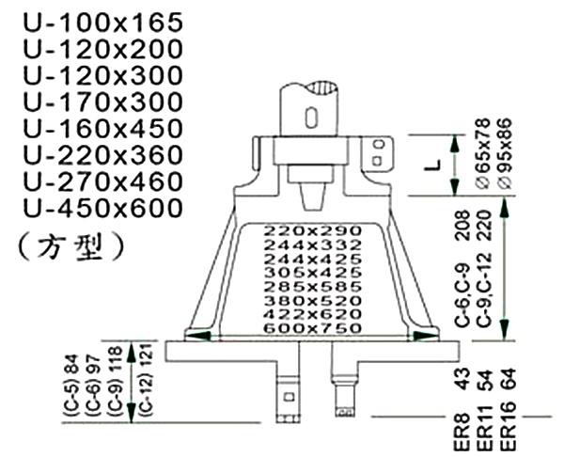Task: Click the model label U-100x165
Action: (x=92, y=22)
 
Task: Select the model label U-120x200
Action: (x=92, y=48)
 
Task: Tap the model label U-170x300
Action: (x=92, y=101)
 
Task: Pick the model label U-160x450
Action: (x=92, y=127)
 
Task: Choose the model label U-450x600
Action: (x=92, y=206)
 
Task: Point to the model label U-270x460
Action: (x=92, y=180)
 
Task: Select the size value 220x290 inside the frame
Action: (x=312, y=229)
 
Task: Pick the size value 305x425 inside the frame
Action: (x=312, y=272)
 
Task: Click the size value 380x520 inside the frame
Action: (x=312, y=300)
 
